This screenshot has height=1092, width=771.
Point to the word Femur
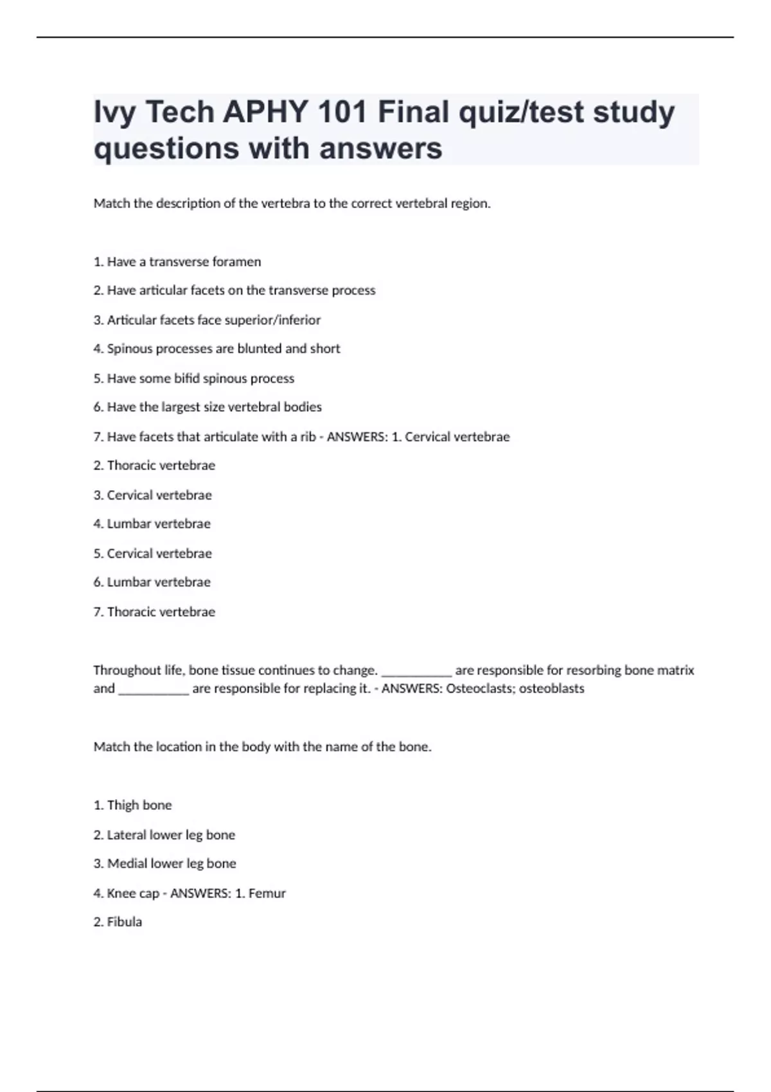[267, 893]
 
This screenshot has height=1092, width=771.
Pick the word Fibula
[125, 922]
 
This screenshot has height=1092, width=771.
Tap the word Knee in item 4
[121, 893]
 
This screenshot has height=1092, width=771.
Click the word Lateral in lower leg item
[128, 835]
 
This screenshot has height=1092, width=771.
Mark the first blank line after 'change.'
[416, 673]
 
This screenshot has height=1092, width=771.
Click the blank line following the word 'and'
[154, 691]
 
